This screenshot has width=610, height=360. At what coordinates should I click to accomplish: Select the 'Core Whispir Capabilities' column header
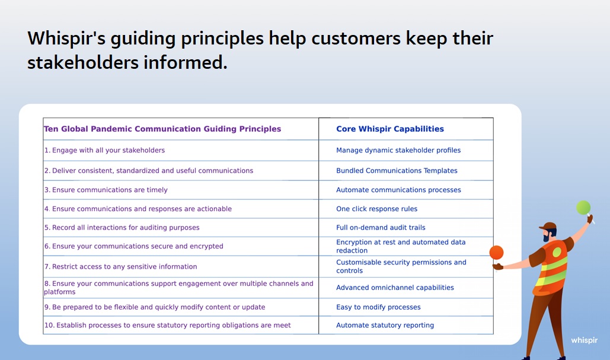[x=390, y=129]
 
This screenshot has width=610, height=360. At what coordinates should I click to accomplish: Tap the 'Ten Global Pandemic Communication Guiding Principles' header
[x=162, y=129]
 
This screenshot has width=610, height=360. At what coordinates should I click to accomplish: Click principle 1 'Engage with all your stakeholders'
[x=104, y=150]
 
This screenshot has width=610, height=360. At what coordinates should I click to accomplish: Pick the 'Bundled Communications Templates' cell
[x=397, y=170]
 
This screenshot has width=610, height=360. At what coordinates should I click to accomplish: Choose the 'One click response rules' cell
[x=376, y=209]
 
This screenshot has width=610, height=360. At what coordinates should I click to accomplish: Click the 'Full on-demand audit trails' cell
[x=381, y=228]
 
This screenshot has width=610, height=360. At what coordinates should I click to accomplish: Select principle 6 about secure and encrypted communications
[x=133, y=246]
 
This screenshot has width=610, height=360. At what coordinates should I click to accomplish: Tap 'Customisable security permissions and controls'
[x=401, y=266]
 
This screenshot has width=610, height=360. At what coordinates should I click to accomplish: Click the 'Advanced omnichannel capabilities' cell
[x=395, y=288]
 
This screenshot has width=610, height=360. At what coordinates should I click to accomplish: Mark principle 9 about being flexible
[x=155, y=307]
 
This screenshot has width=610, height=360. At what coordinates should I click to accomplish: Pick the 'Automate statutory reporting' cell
[x=385, y=326]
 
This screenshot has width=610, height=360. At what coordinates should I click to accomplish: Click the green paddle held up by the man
[x=583, y=208]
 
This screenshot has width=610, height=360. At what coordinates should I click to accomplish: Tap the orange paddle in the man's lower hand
[x=496, y=253]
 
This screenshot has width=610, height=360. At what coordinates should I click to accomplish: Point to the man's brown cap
[x=548, y=226]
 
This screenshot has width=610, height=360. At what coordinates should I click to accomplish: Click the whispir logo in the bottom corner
[x=584, y=340]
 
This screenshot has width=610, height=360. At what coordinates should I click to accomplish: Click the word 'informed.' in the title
[x=185, y=62]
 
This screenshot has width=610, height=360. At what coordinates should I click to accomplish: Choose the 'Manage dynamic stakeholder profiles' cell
[x=398, y=150]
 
